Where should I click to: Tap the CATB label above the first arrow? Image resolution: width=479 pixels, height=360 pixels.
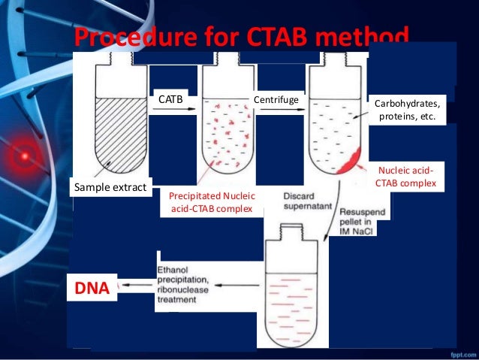click(170, 99)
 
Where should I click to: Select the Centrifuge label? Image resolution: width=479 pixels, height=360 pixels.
click(276, 100)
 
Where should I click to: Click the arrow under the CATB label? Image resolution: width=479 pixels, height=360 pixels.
click(174, 109)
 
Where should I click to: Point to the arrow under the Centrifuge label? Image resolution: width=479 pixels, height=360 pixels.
click(282, 109)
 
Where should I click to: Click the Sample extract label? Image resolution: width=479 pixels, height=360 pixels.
click(110, 187)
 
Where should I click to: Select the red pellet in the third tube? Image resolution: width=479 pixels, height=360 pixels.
click(350, 161)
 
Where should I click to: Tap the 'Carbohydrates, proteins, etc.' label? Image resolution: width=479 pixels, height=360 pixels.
click(407, 110)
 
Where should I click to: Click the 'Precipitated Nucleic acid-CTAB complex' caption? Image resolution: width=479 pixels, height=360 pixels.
click(212, 202)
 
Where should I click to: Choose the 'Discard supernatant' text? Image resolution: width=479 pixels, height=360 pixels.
click(308, 201)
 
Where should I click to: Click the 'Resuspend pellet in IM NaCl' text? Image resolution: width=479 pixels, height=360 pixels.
click(363, 222)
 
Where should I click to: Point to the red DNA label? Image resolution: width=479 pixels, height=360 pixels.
click(92, 288)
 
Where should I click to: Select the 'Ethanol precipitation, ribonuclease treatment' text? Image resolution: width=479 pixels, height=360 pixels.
click(182, 285)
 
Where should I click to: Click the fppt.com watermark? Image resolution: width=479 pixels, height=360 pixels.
click(463, 355)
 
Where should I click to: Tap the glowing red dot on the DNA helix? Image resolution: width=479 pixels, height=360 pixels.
click(25, 156)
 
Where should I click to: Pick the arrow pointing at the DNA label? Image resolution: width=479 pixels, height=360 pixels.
click(137, 285)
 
